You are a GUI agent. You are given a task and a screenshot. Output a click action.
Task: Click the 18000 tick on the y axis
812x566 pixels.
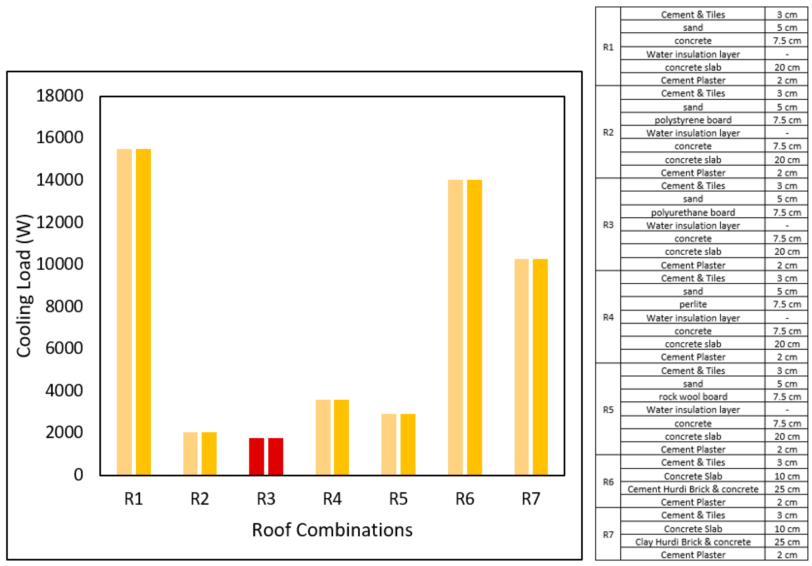tap(59, 96)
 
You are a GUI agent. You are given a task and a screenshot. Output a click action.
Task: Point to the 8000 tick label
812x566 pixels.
tap(64, 306)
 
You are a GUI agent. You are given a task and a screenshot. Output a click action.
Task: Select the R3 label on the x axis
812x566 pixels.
tap(266, 499)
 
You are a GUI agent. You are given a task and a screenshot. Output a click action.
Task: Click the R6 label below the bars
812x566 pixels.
tap(464, 499)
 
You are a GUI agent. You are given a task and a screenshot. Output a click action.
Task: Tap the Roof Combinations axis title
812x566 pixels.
tap(332, 530)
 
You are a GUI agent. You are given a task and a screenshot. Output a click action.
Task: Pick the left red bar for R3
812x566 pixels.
tap(256, 456)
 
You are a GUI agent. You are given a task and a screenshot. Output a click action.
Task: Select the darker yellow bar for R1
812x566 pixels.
tap(143, 312)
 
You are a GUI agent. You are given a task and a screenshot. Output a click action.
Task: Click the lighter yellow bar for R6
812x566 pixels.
tap(455, 328)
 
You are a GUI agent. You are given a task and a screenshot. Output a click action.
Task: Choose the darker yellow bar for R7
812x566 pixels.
tap(540, 367)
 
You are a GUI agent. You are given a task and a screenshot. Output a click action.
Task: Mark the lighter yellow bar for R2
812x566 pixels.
tap(190, 453)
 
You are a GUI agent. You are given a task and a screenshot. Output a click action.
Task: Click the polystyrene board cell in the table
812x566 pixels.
tap(692, 120)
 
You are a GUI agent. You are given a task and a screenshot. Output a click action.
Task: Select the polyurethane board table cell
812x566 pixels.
tap(692, 212)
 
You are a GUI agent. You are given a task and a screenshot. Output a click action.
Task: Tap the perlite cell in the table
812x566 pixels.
tap(692, 304)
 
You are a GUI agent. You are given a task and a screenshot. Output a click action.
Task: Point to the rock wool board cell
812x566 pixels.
tap(692, 397)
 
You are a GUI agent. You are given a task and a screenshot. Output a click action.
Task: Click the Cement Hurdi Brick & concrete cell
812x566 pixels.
tap(692, 489)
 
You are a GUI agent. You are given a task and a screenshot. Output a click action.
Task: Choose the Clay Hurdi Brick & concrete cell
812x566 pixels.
tap(692, 542)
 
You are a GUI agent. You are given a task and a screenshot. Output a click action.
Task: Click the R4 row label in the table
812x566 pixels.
tap(608, 317)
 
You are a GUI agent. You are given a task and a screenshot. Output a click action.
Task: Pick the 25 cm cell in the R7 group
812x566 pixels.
tap(786, 542)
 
